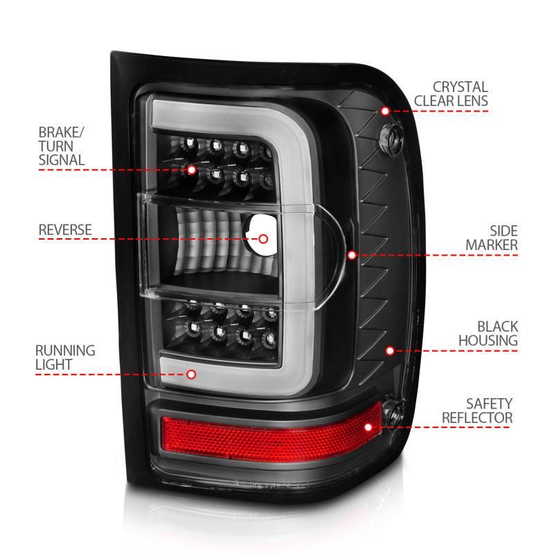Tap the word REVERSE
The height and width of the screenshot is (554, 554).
pyautogui.click(x=65, y=229)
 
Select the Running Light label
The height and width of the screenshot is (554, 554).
pyautogui.click(x=66, y=357)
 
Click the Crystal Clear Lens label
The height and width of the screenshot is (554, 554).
pyautogui.click(x=451, y=94)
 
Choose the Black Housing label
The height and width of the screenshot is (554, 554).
pyautogui.click(x=488, y=332)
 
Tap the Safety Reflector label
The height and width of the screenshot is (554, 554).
pyautogui.click(x=477, y=411)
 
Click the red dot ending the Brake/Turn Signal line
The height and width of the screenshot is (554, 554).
pyautogui.click(x=192, y=168)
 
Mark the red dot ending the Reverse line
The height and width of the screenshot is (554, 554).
pyautogui.click(x=263, y=239)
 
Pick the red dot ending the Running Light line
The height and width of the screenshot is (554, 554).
pyautogui.click(x=192, y=375)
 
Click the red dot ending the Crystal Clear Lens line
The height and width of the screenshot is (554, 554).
pyautogui.click(x=385, y=111)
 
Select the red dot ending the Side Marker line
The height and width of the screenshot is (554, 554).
pyautogui.click(x=352, y=255)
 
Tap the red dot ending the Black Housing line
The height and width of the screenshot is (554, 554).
pyautogui.click(x=390, y=351)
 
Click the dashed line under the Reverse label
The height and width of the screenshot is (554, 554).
pyautogui.click(x=138, y=239)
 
